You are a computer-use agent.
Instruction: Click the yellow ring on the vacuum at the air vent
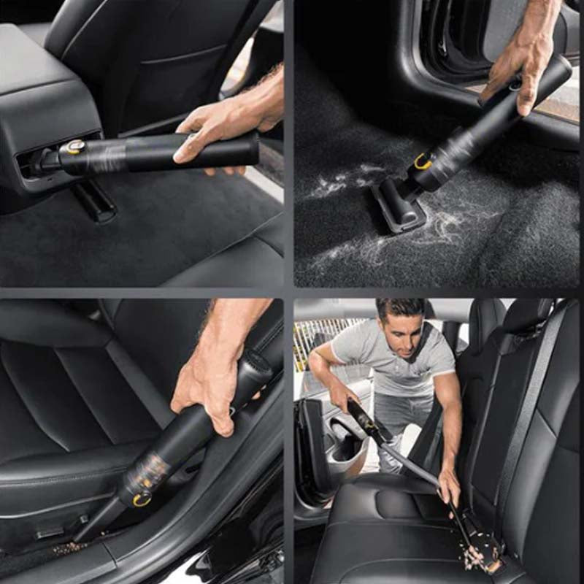[73, 147]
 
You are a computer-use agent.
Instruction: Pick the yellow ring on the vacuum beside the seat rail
[141, 499]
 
